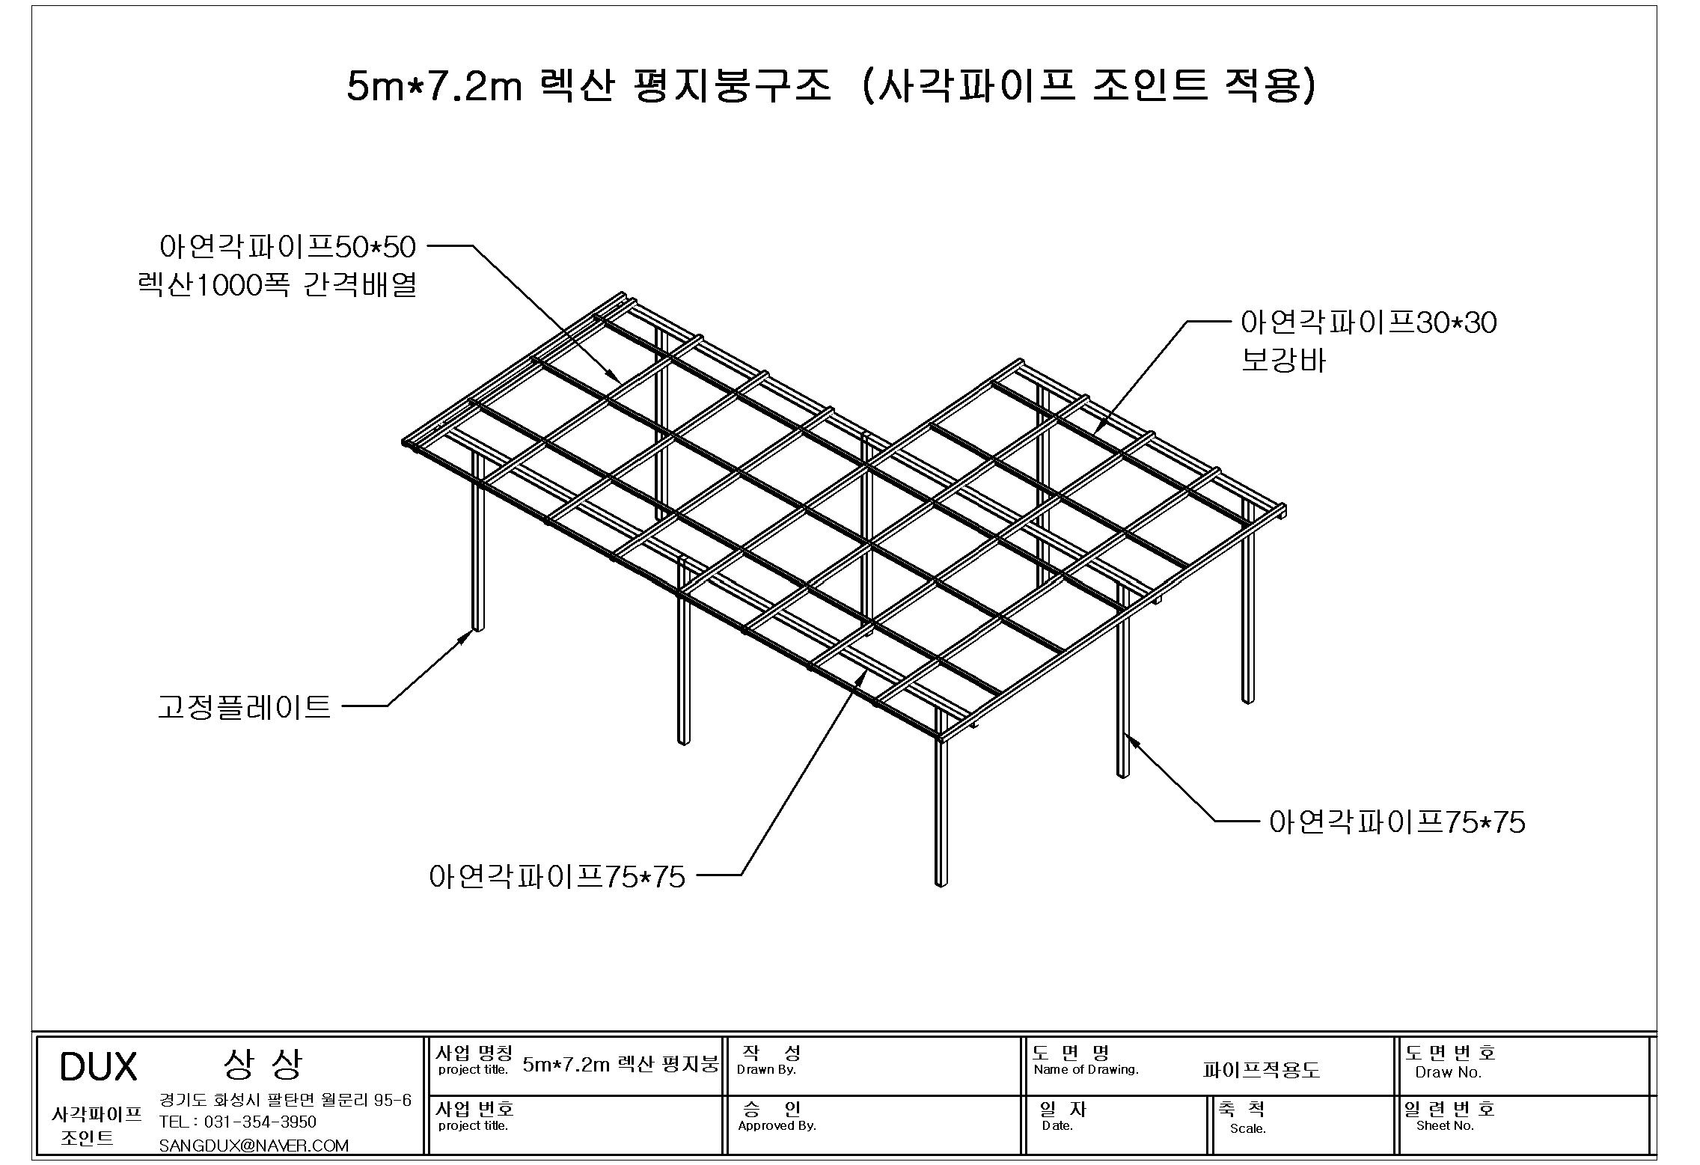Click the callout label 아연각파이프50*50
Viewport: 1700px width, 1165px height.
tap(287, 246)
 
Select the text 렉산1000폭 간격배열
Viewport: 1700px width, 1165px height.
tap(277, 285)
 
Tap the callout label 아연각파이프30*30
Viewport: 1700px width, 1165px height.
tap(1369, 322)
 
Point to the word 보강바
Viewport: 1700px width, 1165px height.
tap(1283, 361)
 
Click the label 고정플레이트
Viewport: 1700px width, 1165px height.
tap(244, 706)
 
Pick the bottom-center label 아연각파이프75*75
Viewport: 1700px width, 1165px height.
tap(557, 876)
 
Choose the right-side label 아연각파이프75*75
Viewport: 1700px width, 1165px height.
tap(1397, 822)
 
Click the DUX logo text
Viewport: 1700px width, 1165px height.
tap(98, 1066)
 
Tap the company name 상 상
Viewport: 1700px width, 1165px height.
tap(263, 1064)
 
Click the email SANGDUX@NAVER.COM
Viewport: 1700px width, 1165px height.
tap(254, 1146)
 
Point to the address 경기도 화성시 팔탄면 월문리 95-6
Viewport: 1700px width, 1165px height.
tap(285, 1100)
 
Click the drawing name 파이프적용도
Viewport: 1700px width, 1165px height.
tap(1261, 1070)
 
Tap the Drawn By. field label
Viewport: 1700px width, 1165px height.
tap(766, 1069)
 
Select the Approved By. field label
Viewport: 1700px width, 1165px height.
tap(777, 1125)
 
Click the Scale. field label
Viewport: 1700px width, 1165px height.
tap(1247, 1128)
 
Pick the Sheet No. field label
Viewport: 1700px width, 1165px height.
tap(1445, 1125)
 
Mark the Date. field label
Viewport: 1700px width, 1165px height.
tap(1057, 1125)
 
